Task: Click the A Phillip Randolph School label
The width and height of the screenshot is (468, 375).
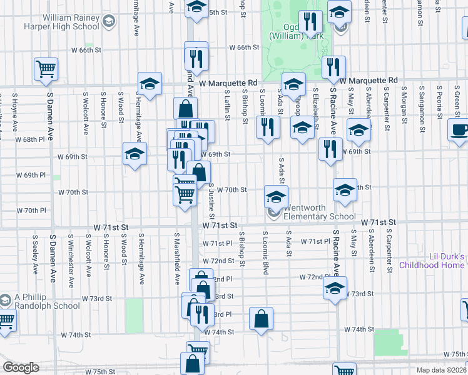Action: point(45,301)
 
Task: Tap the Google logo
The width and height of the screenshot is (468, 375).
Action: point(21,367)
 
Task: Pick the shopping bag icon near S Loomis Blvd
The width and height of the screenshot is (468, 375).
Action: point(262,319)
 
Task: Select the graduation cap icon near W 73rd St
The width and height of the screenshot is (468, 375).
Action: point(335,288)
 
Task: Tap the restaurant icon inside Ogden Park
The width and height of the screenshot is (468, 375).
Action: point(310,22)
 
